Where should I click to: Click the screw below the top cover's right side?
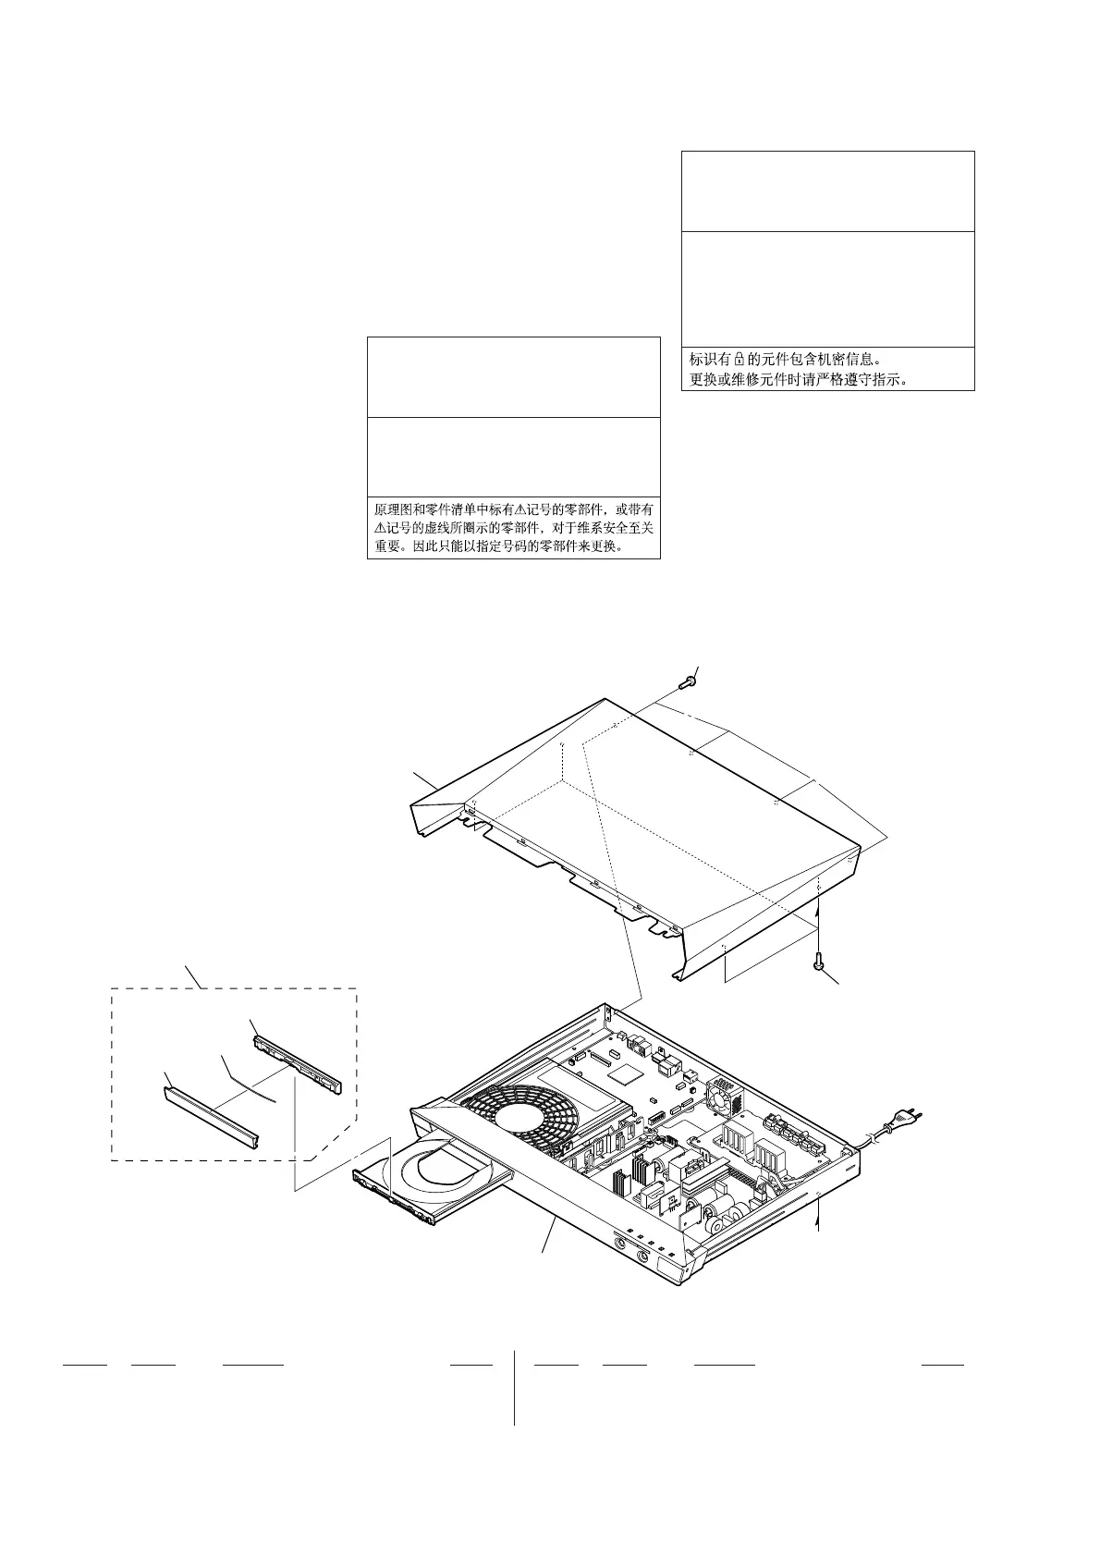(819, 962)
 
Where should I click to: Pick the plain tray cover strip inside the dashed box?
(211, 1114)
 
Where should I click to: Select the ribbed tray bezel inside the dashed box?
(297, 1063)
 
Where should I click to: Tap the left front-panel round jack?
(617, 1254)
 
